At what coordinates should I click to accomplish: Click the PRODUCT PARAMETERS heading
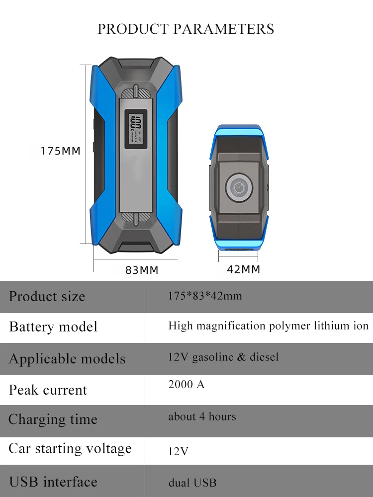coord(186,29)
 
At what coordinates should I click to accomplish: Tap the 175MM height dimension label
coord(60,151)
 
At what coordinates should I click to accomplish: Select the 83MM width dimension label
coord(141,270)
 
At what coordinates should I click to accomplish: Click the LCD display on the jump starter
coord(135,129)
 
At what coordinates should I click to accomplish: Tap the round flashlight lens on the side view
coord(239,187)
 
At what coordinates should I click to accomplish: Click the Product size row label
coord(47,297)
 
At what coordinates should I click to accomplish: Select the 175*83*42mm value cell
coord(205,296)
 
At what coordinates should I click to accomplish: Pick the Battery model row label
coord(53,327)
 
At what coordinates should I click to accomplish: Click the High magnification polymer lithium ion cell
coord(268,326)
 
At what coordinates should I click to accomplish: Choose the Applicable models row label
coord(67,359)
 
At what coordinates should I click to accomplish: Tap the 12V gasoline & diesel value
coord(223,357)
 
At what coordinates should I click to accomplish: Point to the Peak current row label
coord(48,390)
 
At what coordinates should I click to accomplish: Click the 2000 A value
coord(186,384)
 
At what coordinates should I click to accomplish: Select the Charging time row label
coord(53,419)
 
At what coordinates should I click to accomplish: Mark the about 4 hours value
coord(202,416)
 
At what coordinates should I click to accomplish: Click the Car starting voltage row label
coord(70,448)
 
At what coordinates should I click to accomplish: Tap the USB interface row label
coord(53,482)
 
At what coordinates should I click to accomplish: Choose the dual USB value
coord(192,483)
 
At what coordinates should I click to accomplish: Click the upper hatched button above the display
coord(135,93)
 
